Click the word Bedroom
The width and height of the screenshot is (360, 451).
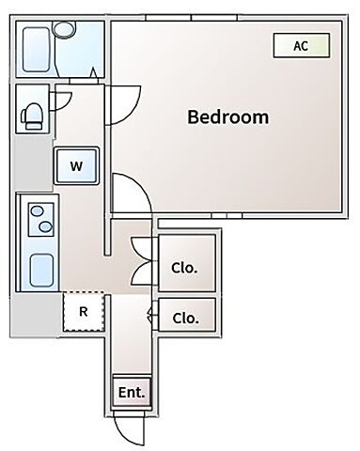(228, 117)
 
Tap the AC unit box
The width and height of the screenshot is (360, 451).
(302, 46)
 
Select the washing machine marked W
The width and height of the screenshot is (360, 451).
(76, 165)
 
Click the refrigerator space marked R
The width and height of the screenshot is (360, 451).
(84, 311)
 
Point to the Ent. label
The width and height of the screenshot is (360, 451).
(132, 393)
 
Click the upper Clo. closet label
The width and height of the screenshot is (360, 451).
(184, 268)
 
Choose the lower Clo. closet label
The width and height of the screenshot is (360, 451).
(185, 319)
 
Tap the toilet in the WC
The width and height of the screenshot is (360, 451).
(32, 116)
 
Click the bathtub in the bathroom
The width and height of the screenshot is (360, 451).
(37, 50)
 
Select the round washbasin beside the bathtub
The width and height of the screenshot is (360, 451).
(64, 30)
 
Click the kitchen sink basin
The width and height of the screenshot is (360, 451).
(41, 270)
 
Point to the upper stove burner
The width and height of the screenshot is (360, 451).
(38, 210)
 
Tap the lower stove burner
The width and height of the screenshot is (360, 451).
(46, 226)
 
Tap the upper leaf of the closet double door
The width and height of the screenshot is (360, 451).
(139, 248)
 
